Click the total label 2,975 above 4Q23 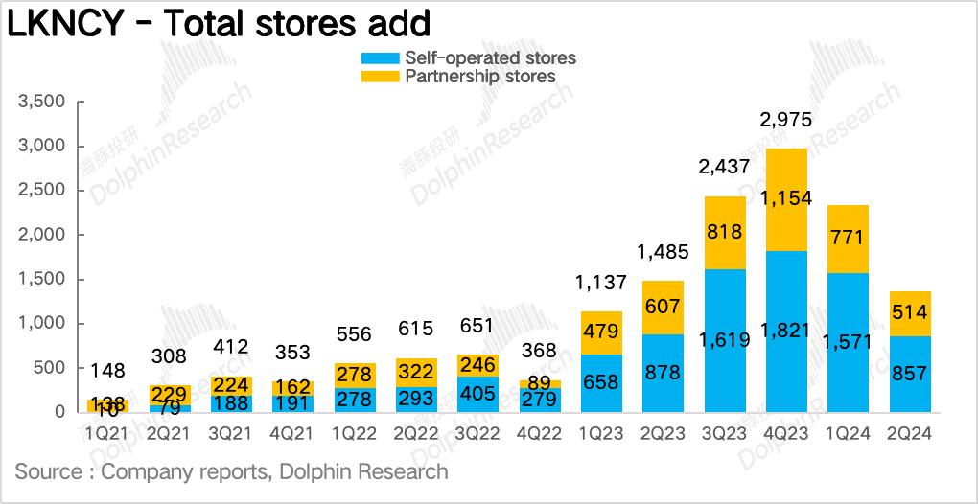[x=785, y=120]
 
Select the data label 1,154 [x=785, y=198]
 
